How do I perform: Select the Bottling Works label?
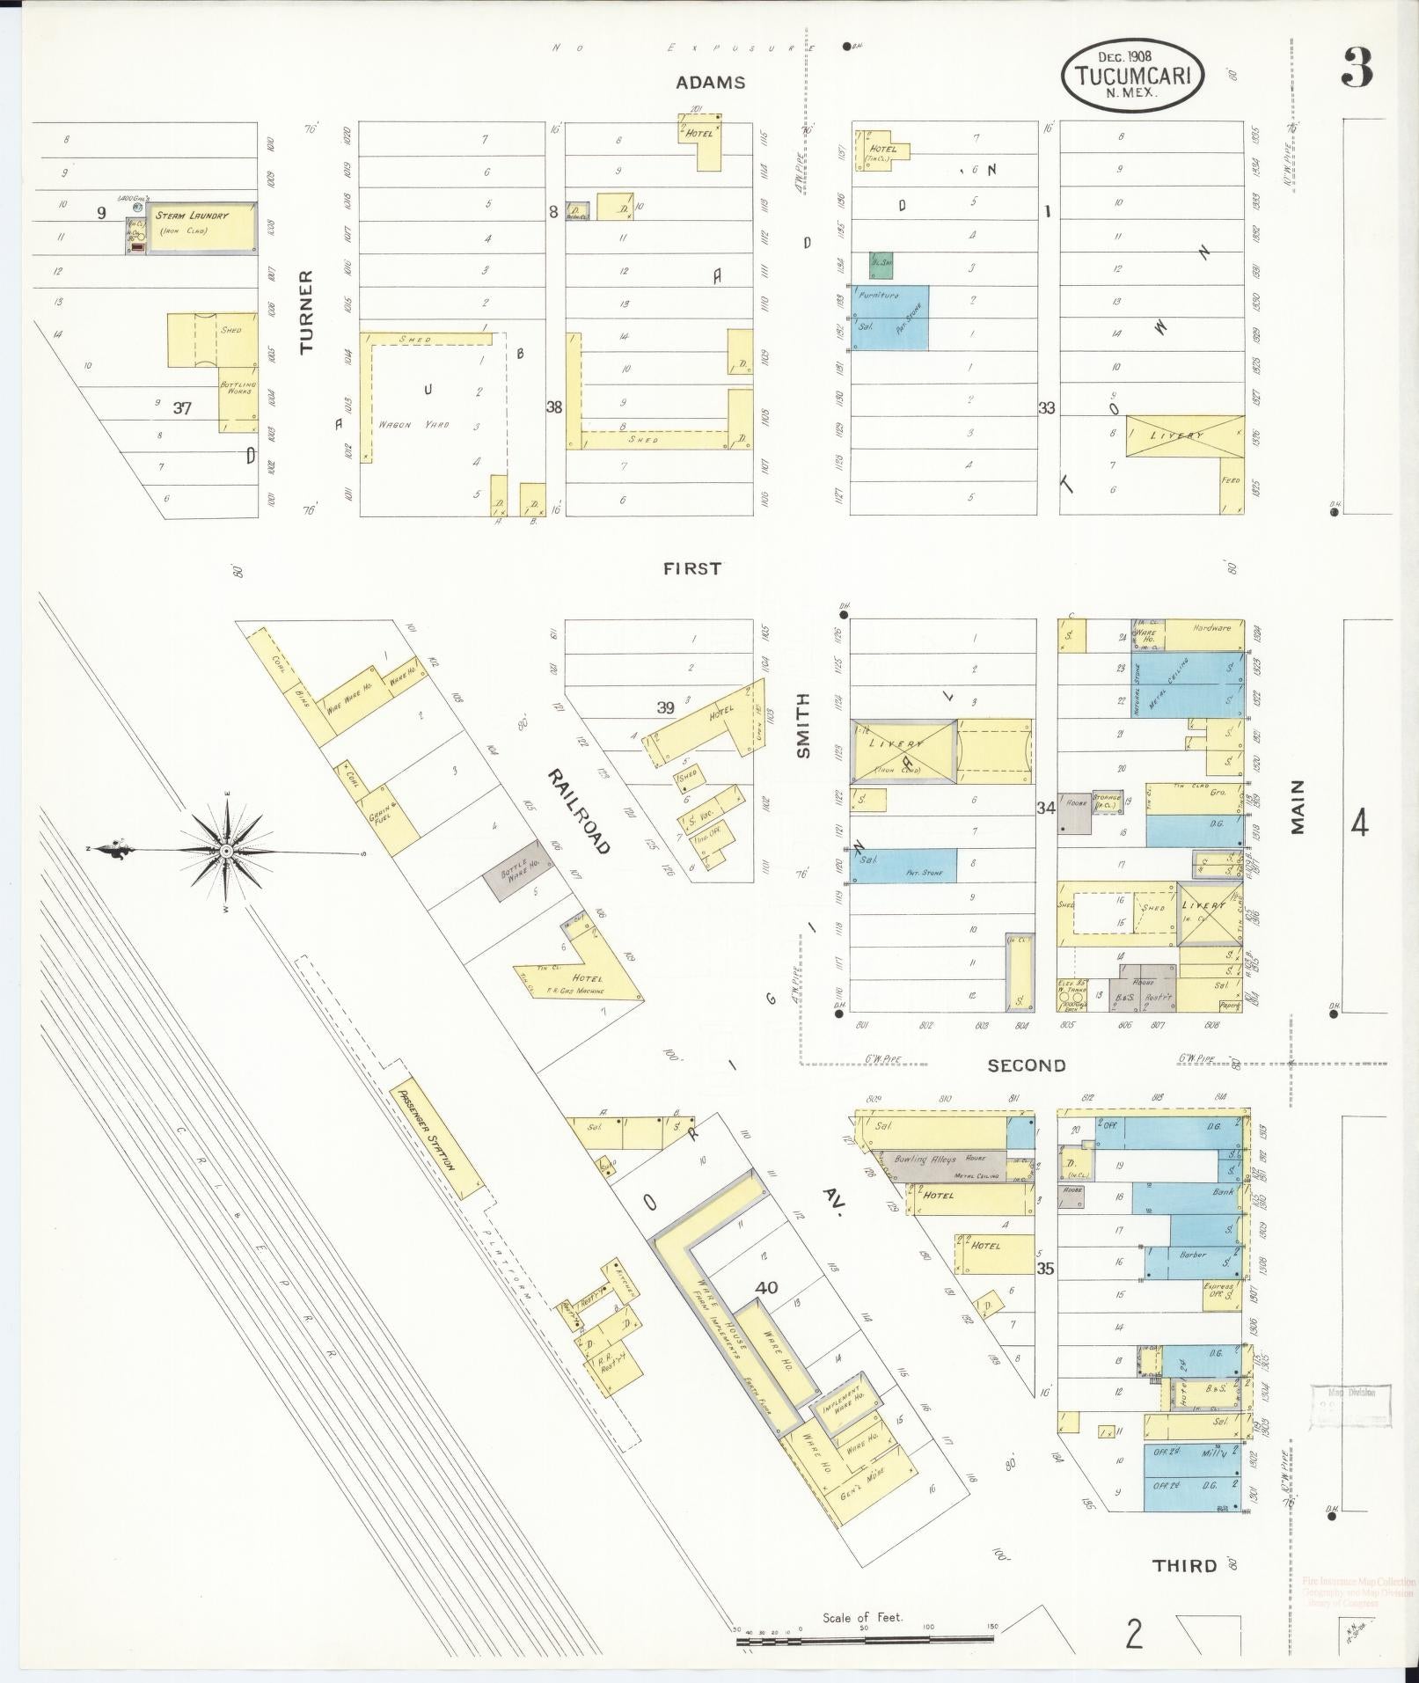tap(238, 387)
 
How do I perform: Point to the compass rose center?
tap(226, 851)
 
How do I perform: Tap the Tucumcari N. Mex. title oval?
tap(1132, 77)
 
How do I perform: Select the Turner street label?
tap(306, 311)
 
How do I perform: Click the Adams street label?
tap(710, 83)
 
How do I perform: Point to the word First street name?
tap(691, 569)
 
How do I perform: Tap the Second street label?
tap(1026, 1065)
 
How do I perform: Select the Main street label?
tap(1298, 806)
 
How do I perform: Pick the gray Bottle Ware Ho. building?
tap(518, 873)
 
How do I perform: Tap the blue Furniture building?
tap(890, 317)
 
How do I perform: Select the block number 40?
tap(766, 1287)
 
